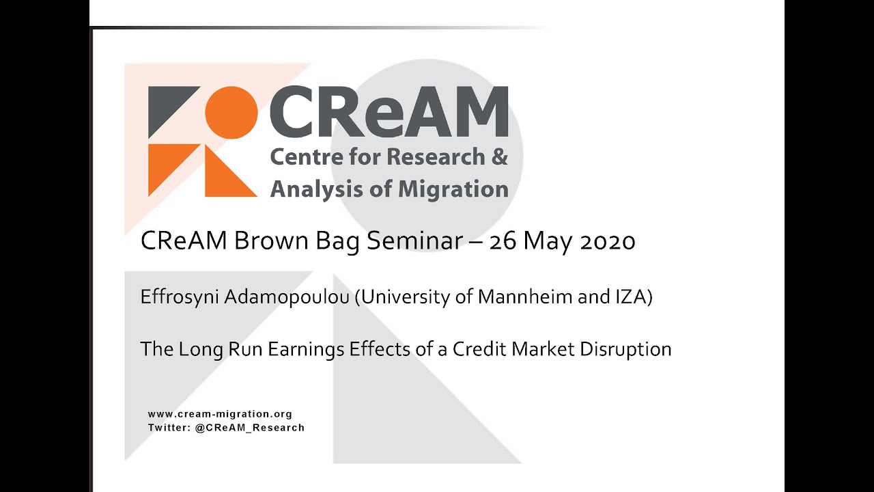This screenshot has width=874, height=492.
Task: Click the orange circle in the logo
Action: click(x=231, y=113)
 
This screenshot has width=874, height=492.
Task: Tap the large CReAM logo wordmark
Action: click(x=389, y=111)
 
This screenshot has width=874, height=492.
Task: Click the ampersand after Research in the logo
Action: click(x=500, y=156)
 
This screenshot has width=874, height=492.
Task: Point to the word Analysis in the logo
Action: click(x=311, y=189)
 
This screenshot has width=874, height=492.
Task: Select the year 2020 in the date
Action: click(x=608, y=241)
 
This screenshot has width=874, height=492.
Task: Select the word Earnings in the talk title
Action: click(x=306, y=349)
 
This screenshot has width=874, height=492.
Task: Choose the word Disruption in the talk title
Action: click(x=625, y=349)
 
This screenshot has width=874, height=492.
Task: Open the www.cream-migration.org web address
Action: click(x=220, y=414)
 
